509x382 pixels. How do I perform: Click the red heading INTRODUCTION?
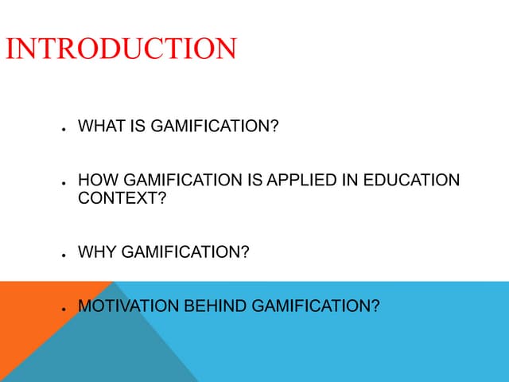[121, 49]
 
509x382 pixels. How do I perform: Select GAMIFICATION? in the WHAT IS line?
[213, 126]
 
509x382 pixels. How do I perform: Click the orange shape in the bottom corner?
[32, 318]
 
